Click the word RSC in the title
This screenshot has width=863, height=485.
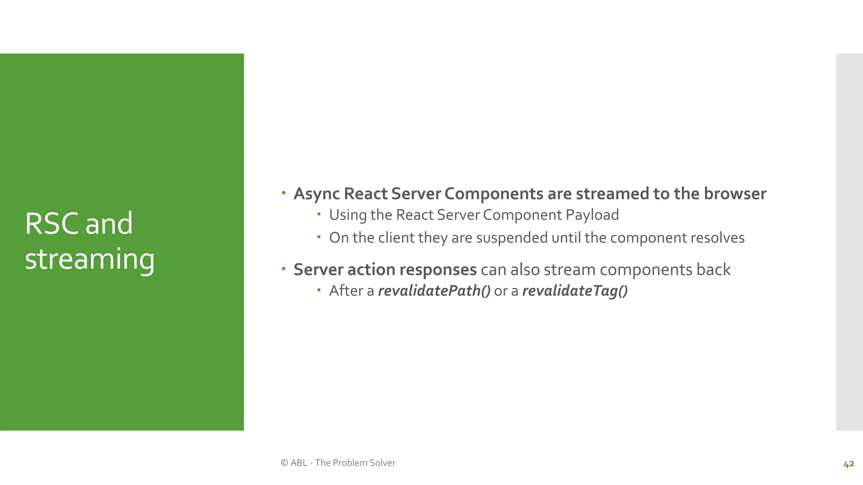coord(51,224)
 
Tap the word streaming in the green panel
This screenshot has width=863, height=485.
coord(90,259)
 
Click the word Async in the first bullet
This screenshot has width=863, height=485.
coord(316,194)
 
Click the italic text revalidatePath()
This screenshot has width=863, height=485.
coord(434,291)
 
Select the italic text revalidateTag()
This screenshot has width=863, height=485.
coord(575,291)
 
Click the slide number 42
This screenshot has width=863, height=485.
coord(849,464)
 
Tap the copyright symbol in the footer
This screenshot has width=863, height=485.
coord(284,463)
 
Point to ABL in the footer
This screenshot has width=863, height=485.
coord(299,463)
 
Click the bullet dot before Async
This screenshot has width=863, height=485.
coord(284,193)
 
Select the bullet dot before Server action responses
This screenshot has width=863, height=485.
coord(284,269)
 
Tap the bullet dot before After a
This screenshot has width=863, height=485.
coord(319,290)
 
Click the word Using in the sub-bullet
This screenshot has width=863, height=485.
coord(348,215)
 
